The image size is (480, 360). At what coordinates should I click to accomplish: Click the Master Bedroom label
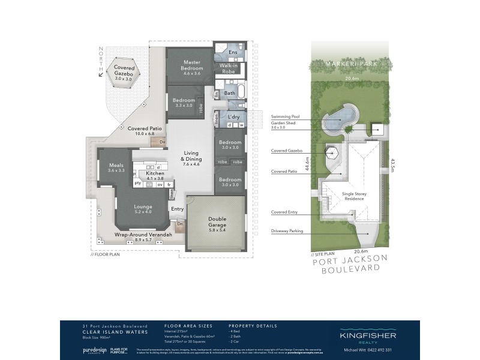tap(191, 65)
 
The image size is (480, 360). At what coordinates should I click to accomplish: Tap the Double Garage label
tap(217, 223)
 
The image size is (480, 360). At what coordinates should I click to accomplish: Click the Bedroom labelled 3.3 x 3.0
tap(184, 103)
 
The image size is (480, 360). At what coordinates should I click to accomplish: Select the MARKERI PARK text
tap(349, 64)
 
